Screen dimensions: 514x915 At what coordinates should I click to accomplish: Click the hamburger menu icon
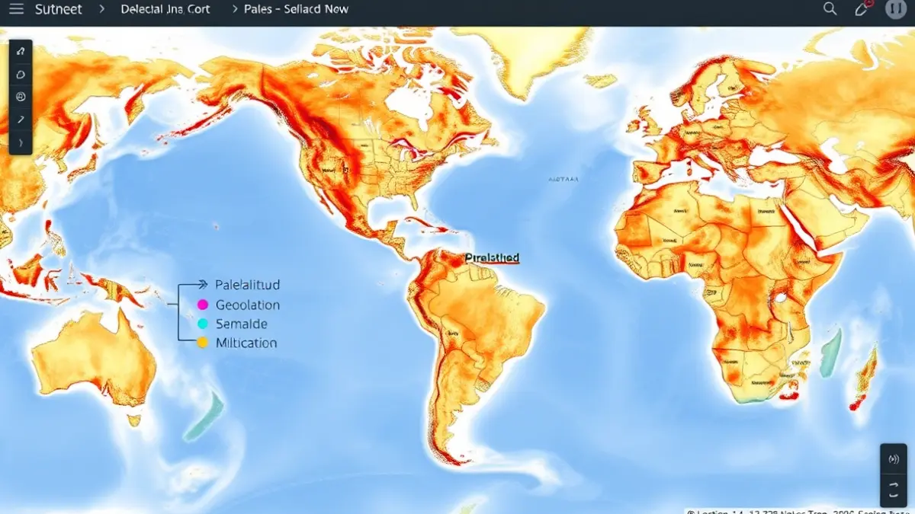pos(16,9)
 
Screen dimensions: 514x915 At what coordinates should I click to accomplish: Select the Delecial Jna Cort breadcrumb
pos(165,9)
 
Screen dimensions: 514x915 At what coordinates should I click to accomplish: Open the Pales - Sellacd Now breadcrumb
pos(296,9)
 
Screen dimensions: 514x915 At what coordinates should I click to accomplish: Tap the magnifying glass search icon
pos(830,9)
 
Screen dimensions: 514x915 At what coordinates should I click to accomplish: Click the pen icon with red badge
pos(862,9)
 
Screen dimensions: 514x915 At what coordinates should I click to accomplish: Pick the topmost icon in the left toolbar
pos(21,52)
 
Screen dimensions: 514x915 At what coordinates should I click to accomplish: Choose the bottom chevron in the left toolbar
pos(21,142)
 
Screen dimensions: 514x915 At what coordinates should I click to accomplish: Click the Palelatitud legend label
pos(248,285)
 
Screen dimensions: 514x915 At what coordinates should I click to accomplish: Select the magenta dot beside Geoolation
pos(202,305)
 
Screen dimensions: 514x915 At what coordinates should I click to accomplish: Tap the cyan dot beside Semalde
pos(202,324)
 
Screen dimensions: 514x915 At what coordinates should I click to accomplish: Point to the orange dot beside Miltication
pos(202,343)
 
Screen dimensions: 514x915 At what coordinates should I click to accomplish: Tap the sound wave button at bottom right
pos(894,459)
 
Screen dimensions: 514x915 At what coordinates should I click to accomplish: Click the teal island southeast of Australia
pos(204,417)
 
